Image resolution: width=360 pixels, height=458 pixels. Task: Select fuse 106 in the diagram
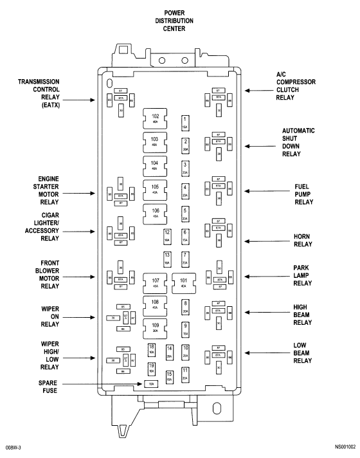coord(155,212)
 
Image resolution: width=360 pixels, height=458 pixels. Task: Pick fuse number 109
coord(155,327)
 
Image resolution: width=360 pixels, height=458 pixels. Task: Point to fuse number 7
coord(185,259)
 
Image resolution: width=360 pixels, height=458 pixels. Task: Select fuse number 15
coord(170,377)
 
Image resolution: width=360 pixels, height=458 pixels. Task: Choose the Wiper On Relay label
coord(49,316)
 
